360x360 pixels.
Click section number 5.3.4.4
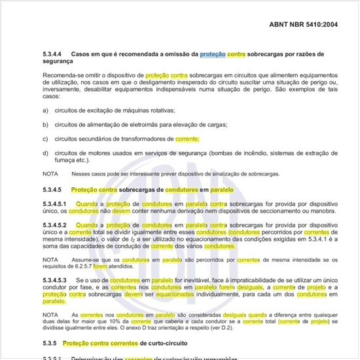[x=53, y=54]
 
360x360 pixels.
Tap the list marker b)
[x=45, y=125]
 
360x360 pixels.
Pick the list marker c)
[x=45, y=139]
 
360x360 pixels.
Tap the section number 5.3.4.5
[x=53, y=190]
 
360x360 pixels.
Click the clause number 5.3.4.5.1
[x=55, y=205]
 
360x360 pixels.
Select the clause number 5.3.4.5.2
[x=55, y=225]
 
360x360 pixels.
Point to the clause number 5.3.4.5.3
[x=55, y=279]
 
